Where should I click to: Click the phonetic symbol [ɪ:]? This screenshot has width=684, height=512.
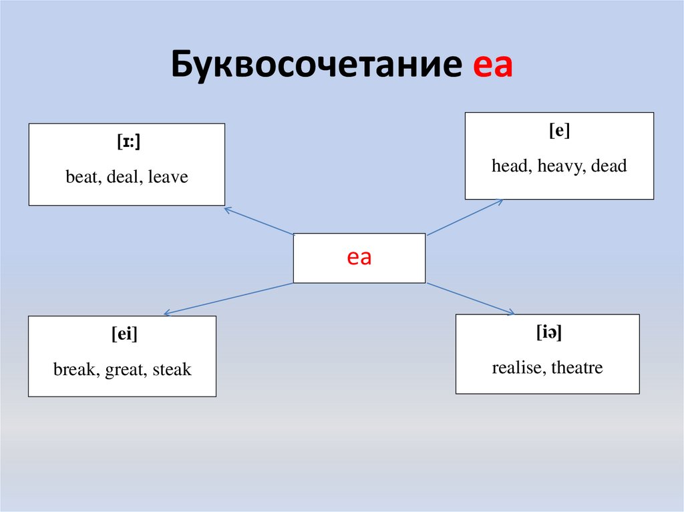[126, 142]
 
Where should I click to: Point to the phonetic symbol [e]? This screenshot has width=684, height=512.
[559, 132]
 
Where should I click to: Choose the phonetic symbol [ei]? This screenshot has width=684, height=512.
[124, 334]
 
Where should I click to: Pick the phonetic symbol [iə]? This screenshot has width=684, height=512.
[548, 332]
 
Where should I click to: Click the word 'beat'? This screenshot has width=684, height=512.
[81, 177]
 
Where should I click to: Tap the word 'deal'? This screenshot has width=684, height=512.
[122, 177]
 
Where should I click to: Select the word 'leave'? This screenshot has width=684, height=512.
[168, 177]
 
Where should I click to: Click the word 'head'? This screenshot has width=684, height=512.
[510, 166]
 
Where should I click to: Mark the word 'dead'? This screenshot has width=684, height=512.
[609, 166]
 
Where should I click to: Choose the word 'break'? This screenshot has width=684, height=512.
[75, 368]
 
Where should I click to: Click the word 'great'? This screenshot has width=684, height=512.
[127, 368]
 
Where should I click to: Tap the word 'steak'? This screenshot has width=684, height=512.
[172, 368]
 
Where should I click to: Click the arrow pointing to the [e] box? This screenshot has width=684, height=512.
[465, 217]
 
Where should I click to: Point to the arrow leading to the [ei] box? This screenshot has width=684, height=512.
[228, 298]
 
